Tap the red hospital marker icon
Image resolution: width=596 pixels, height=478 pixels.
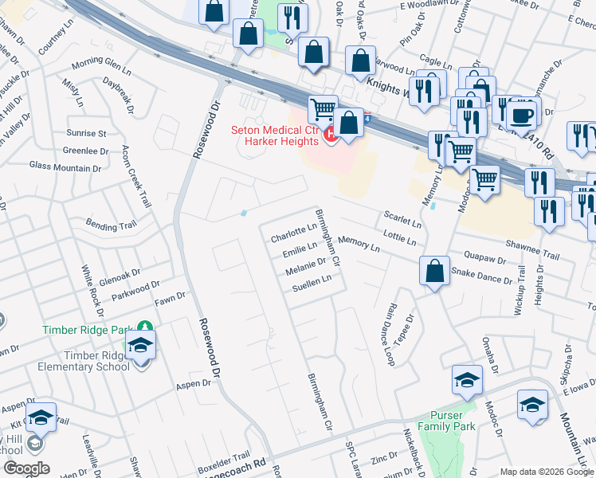tap(332, 137)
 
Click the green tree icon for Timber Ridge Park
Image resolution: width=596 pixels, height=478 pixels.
tap(144, 327)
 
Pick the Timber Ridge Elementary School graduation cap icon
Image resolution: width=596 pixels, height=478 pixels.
tap(141, 347)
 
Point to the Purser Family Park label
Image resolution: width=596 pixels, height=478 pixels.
tap(453, 421)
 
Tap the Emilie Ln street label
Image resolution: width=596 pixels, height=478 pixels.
tap(300, 252)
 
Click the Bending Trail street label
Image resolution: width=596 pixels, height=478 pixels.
tap(112, 227)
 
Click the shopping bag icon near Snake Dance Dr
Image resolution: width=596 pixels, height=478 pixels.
tap(434, 271)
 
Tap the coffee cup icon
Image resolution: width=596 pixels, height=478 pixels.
tap(523, 114)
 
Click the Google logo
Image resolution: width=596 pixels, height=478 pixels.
tap(26, 468)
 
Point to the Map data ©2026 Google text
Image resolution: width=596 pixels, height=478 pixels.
tap(546, 471)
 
